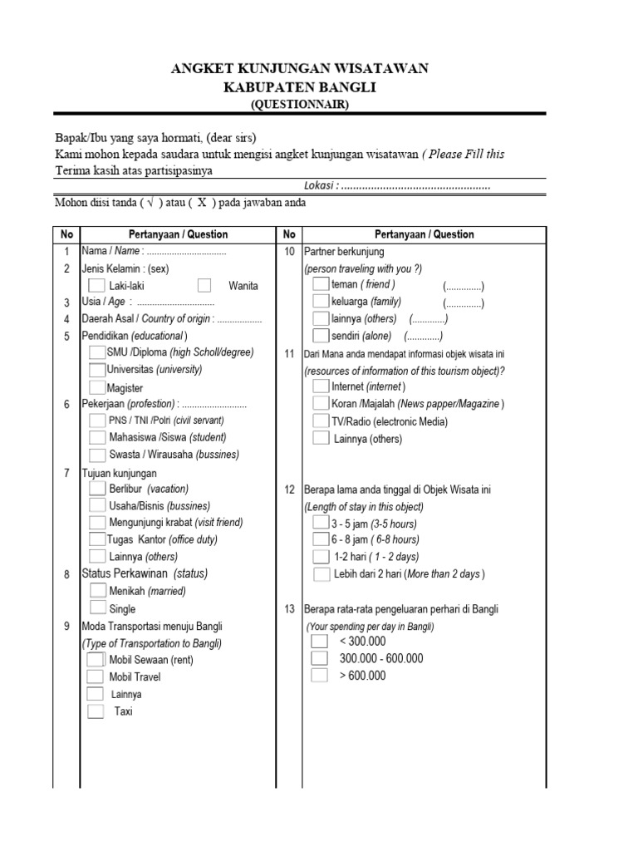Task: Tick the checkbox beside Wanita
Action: pos(205,285)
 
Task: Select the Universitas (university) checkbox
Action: pos(97,369)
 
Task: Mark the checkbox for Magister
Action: pos(97,387)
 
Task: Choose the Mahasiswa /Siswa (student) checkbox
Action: pos(97,437)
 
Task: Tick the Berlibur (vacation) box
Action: pos(97,489)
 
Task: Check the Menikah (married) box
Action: pos(97,591)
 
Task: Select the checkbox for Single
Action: pos(97,608)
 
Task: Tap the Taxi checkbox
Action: pos(96,711)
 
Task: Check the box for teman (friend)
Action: pos(320,284)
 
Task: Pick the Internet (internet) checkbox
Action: pos(320,386)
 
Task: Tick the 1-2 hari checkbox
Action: pos(320,557)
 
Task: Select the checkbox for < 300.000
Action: pos(320,642)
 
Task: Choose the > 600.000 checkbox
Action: pos(320,676)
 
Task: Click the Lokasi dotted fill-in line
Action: pos(415,187)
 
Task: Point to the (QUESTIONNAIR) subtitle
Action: pos(301,104)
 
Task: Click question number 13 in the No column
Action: pos(289,609)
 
